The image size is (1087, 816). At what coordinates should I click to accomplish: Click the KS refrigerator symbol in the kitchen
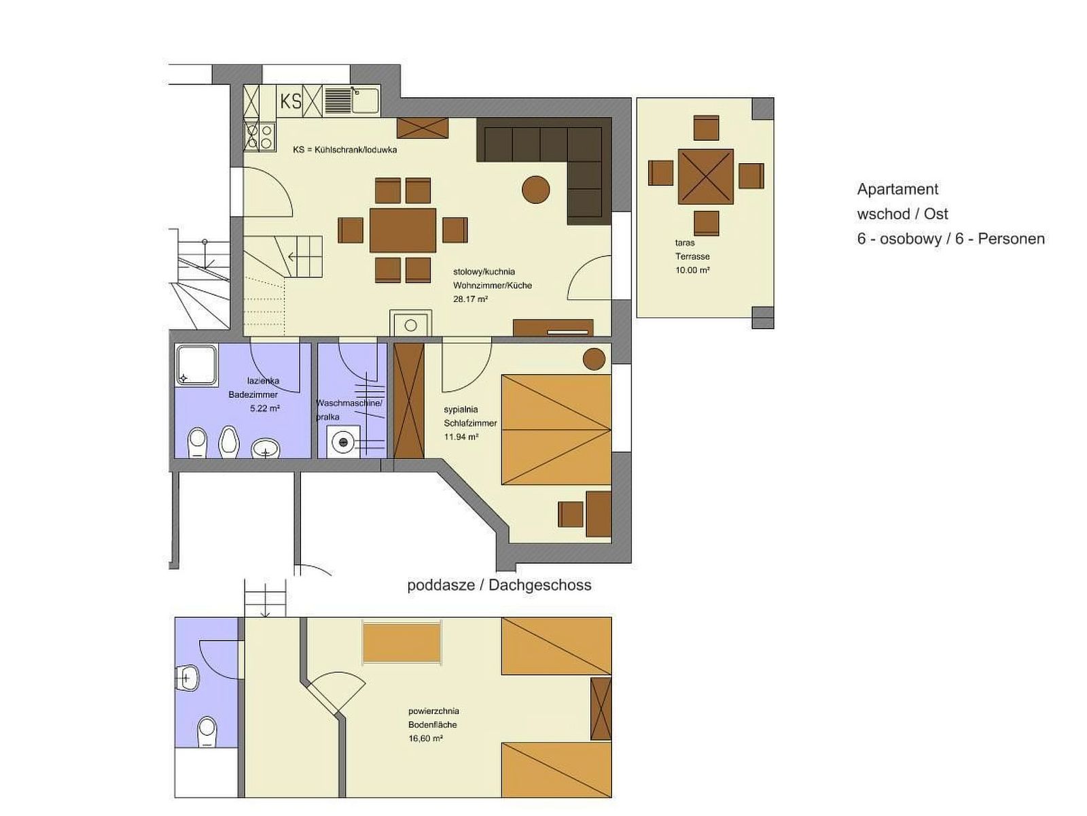coord(291,101)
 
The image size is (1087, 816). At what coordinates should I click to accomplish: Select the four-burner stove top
coord(260,136)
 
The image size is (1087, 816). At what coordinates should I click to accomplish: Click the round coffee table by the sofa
coord(536,190)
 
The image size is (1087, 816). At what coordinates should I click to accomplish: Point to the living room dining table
coord(403,231)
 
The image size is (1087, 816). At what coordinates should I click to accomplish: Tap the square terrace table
coord(705,176)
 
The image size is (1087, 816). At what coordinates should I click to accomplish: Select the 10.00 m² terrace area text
coord(692,271)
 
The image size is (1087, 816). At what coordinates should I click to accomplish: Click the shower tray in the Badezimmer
coord(196,365)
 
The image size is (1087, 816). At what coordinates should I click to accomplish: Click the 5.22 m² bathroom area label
coord(265,409)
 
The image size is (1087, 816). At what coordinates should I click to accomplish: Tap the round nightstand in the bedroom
coord(594,359)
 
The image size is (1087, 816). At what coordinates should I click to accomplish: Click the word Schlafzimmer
coord(470,423)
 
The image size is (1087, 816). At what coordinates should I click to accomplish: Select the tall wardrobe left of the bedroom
coord(408,401)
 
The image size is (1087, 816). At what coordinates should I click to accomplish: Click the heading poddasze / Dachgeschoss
coord(499,585)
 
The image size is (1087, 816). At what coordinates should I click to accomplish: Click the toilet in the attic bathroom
coord(207,732)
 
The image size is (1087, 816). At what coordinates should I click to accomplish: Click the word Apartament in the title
coord(897,189)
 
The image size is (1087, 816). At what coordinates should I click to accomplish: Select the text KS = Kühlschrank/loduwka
coord(344,150)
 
